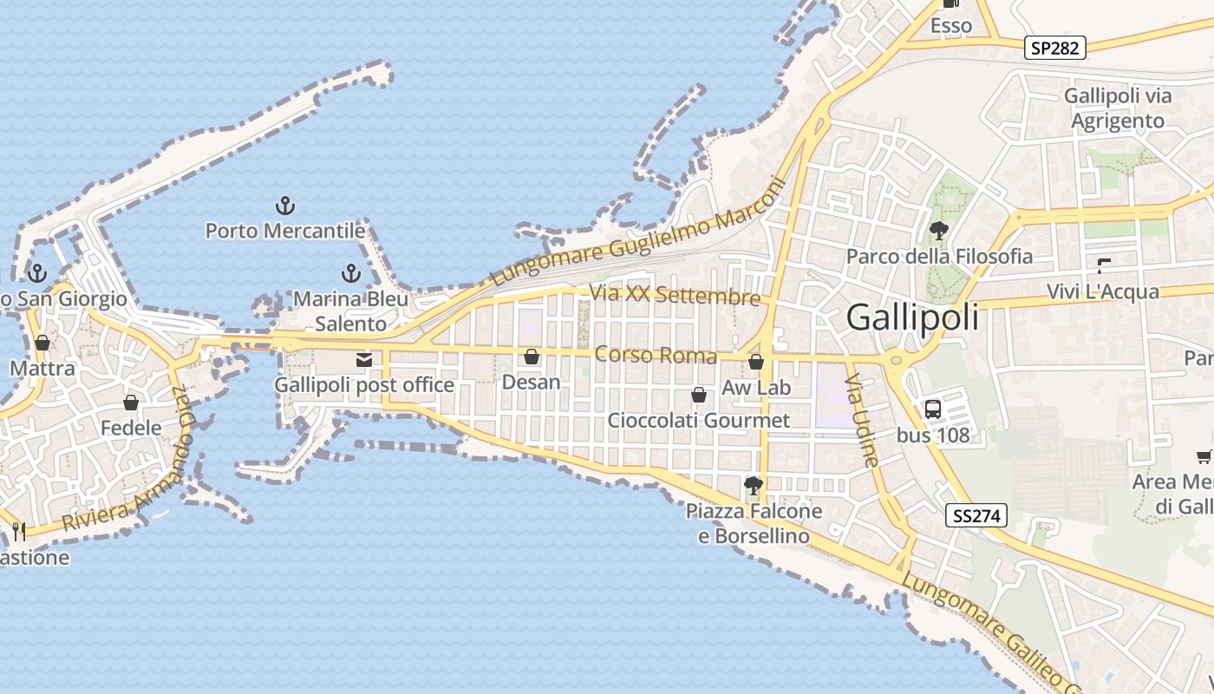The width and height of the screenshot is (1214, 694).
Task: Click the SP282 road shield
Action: (1055, 48)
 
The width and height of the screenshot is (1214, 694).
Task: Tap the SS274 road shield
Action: (976, 516)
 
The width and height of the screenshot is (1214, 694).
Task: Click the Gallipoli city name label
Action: (912, 317)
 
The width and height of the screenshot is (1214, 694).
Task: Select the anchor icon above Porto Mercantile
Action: (285, 206)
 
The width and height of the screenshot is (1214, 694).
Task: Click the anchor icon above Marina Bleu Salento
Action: (350, 274)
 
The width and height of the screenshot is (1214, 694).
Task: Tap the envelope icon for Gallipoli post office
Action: (364, 359)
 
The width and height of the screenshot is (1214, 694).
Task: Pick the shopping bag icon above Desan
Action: (532, 357)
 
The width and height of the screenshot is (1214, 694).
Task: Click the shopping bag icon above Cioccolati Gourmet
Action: (699, 396)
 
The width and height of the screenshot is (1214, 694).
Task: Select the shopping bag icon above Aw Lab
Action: (756, 362)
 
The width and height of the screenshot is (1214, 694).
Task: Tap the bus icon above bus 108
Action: (933, 409)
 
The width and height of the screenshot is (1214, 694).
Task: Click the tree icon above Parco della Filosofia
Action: (938, 231)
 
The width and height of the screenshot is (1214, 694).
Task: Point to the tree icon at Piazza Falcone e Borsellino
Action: (753, 486)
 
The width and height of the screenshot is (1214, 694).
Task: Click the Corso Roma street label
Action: (656, 355)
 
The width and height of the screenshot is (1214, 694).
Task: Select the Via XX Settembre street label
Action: (675, 295)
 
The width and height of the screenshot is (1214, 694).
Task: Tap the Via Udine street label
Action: (863, 420)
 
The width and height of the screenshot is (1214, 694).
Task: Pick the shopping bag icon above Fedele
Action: (131, 403)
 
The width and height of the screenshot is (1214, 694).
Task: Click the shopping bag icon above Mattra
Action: (42, 343)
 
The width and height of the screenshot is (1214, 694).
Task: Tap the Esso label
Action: (951, 26)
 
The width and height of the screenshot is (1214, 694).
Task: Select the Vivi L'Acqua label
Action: (1103, 291)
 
